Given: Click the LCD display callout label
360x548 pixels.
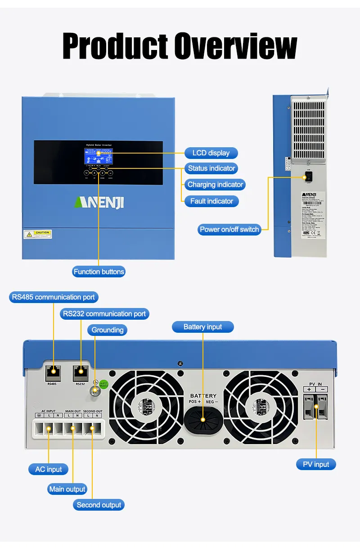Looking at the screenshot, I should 211,153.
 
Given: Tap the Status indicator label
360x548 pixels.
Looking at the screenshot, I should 211,168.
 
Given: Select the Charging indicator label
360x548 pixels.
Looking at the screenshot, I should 215,185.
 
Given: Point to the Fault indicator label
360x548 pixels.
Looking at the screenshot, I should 211,201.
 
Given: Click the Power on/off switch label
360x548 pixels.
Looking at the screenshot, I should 229,229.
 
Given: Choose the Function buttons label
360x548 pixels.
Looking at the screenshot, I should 99,272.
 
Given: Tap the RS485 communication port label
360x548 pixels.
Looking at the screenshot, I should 54,297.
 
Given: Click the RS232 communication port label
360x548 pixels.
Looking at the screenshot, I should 104,314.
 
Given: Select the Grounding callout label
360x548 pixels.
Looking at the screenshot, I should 108,330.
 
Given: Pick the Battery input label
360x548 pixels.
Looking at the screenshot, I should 203,327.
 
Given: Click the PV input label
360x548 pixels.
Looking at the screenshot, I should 316,464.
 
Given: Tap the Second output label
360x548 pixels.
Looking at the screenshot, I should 99,505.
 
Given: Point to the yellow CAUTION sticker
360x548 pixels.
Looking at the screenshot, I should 38,234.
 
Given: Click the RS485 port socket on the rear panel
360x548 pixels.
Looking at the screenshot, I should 53,372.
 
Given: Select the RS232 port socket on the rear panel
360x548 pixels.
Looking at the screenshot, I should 81,372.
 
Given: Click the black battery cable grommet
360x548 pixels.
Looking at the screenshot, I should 203,419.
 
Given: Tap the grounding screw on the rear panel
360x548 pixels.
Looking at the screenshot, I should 95,392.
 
